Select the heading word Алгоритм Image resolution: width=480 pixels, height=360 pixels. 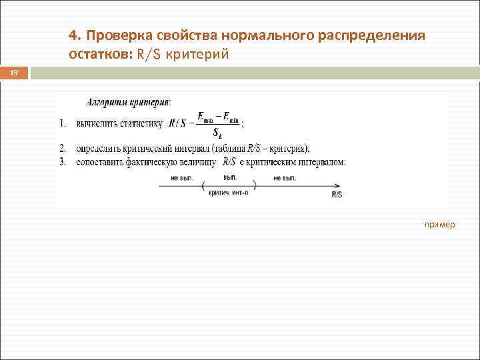pyautogui.click(x=108, y=102)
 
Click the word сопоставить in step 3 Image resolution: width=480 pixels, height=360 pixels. pyautogui.click(x=102, y=161)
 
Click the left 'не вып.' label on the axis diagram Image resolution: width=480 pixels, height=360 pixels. pyautogui.click(x=182, y=178)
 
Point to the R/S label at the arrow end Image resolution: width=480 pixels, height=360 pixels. pyautogui.click(x=336, y=194)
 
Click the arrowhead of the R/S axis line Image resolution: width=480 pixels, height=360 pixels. pyautogui.click(x=343, y=186)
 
